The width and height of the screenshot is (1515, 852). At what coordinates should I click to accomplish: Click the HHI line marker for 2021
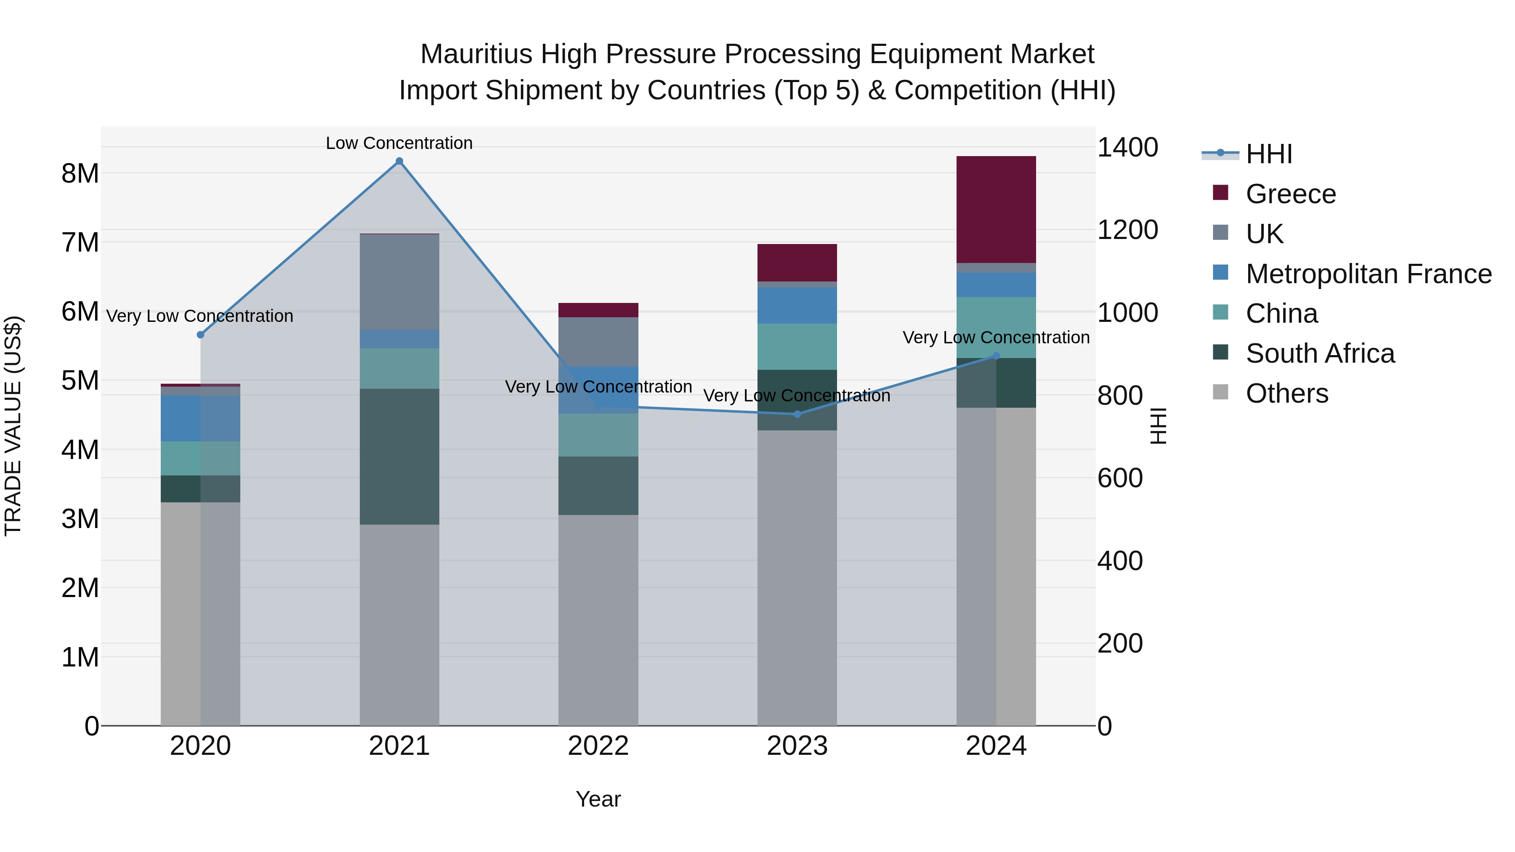399,161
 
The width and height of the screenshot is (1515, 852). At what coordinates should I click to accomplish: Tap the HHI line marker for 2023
797,414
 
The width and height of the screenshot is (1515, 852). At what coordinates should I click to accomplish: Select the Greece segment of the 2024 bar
996,210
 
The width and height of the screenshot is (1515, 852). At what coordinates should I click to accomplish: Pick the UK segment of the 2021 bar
399,282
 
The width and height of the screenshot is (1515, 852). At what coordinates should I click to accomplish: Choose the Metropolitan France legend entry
1368,274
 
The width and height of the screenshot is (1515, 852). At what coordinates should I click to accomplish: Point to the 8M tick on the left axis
80,173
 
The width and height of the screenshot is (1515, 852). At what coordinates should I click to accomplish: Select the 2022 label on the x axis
598,746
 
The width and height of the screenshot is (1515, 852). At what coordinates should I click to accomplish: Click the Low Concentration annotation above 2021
399,143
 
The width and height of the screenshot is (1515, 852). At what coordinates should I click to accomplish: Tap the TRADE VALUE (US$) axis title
13,426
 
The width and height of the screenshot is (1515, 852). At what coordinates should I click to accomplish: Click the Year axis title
598,799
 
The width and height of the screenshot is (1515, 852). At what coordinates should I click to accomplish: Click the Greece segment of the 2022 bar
598,310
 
